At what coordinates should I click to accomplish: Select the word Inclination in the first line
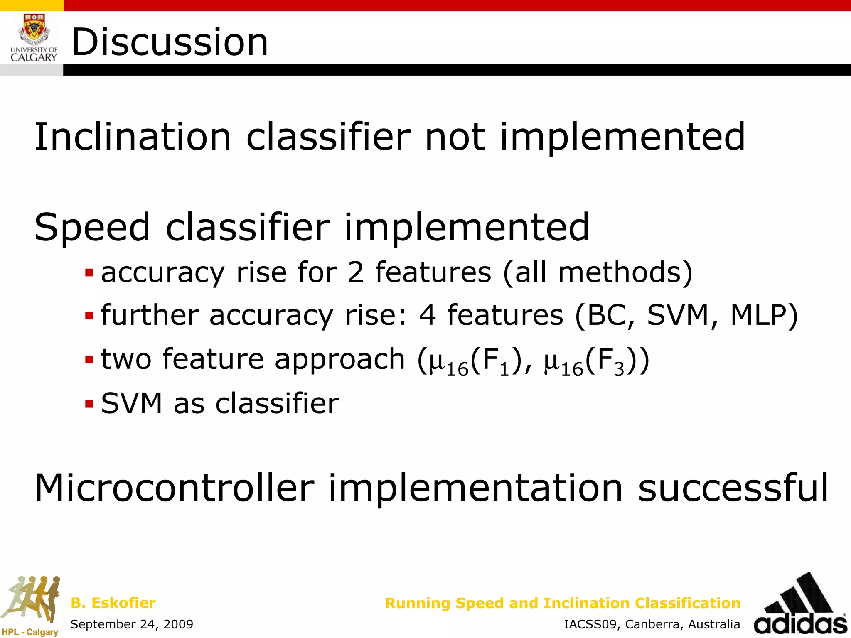(x=132, y=137)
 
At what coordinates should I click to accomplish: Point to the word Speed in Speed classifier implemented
(x=92, y=227)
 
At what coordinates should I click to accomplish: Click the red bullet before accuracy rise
(x=89, y=273)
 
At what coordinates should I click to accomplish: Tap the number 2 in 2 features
(x=355, y=273)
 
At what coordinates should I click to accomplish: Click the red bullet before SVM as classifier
(x=89, y=404)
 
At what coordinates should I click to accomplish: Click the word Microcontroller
(x=175, y=488)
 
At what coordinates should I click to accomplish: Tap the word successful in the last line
(x=733, y=488)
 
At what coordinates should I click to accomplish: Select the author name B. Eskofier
(x=113, y=603)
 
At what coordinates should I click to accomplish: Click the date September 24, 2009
(x=132, y=624)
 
